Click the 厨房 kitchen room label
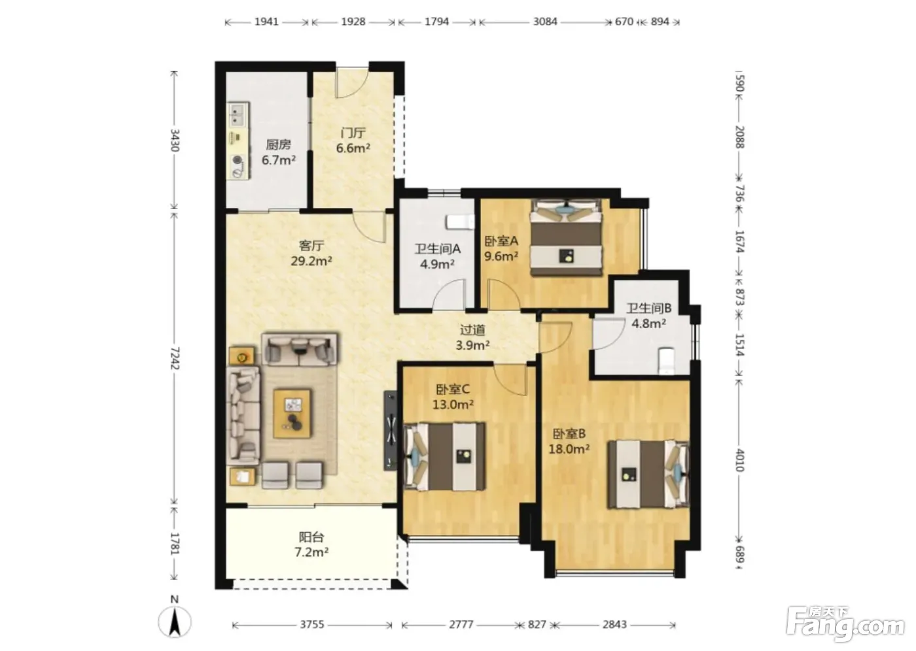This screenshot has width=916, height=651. point(278,144)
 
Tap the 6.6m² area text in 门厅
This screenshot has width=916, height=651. point(353,148)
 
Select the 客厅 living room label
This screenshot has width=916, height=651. point(311,246)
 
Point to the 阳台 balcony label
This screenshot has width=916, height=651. point(311,537)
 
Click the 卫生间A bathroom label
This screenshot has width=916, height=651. point(438,249)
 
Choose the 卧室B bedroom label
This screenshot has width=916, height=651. point(569,433)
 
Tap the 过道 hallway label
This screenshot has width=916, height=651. point(472,329)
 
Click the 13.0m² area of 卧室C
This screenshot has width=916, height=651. point(453,405)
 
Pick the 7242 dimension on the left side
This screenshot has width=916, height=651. point(175,358)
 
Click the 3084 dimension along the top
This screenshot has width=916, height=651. point(544,21)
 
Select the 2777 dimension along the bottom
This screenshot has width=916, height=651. point(461,624)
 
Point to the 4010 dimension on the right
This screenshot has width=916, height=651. point(740,460)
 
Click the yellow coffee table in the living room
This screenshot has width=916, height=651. point(292,414)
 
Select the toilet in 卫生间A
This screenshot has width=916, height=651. point(461,222)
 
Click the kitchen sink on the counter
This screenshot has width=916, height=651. point(238,115)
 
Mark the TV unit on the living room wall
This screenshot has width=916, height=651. point(390,431)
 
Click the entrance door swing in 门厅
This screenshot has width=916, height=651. point(352,83)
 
